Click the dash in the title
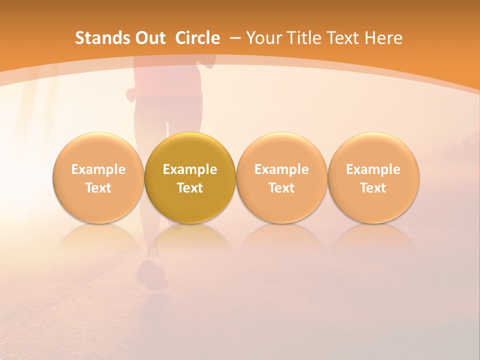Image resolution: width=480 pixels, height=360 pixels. pyautogui.click(x=235, y=38)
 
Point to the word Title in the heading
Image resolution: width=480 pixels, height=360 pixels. pyautogui.click(x=303, y=38)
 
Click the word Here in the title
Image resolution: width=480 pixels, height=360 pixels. pyautogui.click(x=383, y=38)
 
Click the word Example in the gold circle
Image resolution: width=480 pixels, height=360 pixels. pyautogui.click(x=190, y=169)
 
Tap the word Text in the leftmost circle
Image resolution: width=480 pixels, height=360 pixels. pyautogui.click(x=98, y=188)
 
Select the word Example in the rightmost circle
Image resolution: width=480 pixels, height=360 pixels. pyautogui.click(x=373, y=169)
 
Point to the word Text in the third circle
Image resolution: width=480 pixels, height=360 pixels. pyautogui.click(x=281, y=188)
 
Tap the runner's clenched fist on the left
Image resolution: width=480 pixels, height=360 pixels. pyautogui.click(x=131, y=94)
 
